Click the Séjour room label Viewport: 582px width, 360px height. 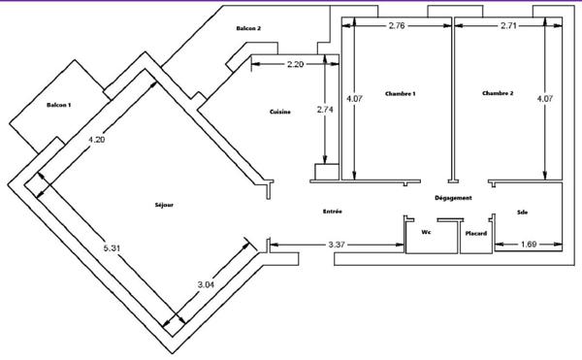164,205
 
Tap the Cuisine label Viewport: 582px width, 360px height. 280,112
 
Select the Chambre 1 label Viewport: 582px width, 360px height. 400,94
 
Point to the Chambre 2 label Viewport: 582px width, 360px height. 498,93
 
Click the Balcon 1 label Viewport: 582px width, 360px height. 58,105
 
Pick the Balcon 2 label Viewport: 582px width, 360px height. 248,28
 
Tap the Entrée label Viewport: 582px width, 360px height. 333,212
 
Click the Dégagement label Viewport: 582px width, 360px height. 453,198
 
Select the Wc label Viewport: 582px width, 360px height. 426,232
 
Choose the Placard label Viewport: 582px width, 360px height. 476,234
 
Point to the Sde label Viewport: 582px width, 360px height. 522,213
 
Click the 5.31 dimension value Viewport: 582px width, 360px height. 112,247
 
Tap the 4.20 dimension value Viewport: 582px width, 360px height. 96,140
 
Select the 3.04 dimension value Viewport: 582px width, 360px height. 206,284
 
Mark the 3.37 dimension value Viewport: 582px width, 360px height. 337,245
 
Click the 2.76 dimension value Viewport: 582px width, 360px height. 397,25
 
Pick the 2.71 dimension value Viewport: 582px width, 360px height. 508,25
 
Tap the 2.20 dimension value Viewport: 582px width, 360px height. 296,64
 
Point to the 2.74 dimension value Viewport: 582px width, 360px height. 325,110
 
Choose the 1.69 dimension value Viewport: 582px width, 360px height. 529,245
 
